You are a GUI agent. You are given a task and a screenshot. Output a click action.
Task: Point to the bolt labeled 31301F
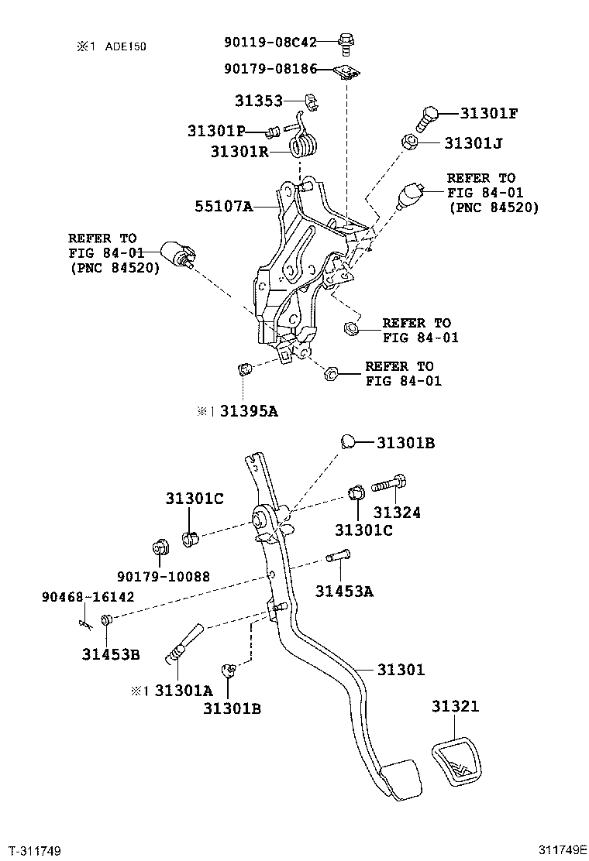coord(429,118)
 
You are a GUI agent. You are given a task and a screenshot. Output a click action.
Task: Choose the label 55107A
coord(223,207)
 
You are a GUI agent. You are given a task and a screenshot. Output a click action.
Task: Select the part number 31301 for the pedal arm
coord(401,670)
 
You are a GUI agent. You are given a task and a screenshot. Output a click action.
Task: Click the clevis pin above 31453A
coord(338,555)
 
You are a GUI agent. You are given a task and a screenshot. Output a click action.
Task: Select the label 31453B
coord(111,654)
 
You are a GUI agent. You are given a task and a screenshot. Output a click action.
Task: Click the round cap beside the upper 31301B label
coord(348,442)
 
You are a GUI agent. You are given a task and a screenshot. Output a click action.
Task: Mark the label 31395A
coord(248,412)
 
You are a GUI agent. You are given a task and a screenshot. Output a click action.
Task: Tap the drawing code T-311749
coord(35,851)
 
